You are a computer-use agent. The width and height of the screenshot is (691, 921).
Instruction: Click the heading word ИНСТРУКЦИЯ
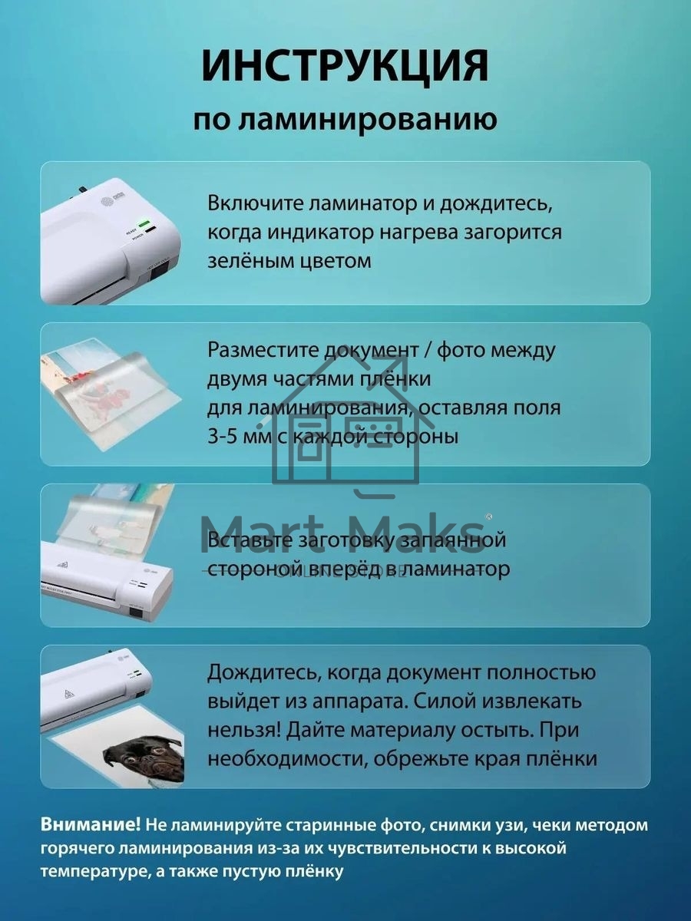coord(345,68)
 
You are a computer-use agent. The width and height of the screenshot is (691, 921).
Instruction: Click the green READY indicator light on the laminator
coord(143,223)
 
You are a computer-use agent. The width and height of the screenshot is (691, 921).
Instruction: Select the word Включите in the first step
coord(253,205)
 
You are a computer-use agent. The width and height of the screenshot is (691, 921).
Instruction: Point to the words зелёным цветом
coord(289,260)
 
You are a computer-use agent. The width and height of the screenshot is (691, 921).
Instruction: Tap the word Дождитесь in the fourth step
coord(259,673)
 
